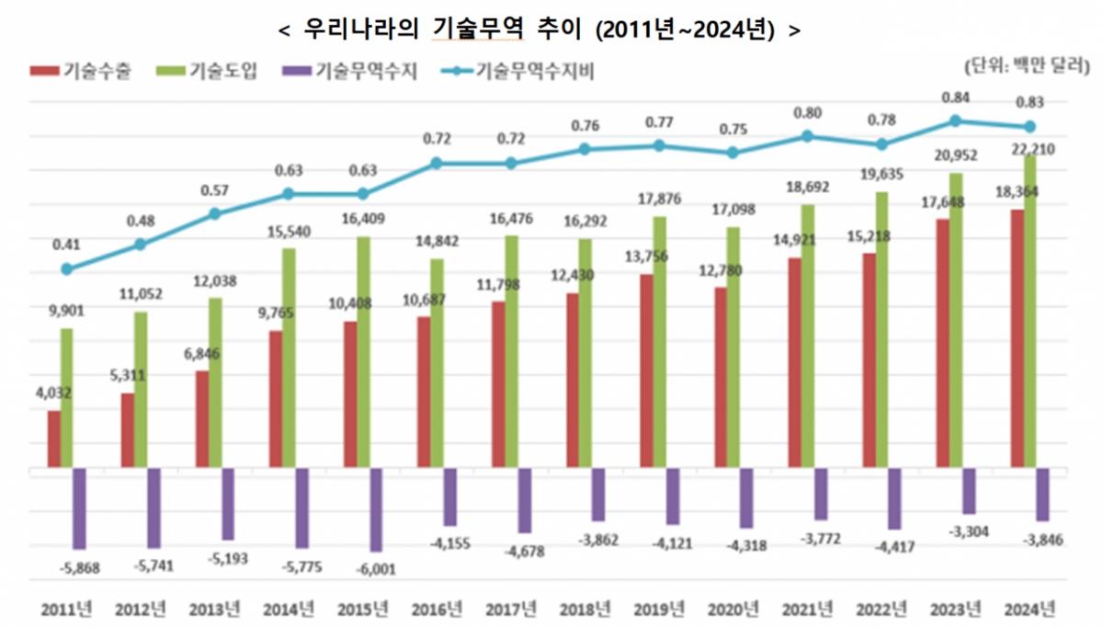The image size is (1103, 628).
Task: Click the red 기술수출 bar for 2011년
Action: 54,439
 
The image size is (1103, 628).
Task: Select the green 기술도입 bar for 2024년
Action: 1030,313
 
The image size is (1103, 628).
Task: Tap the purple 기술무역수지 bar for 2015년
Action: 375,509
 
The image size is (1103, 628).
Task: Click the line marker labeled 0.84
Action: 956,120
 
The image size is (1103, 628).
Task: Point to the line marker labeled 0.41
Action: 66,269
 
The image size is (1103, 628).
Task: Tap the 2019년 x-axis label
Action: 659,608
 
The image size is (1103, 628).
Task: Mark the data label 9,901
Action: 66,312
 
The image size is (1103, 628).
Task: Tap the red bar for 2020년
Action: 721,378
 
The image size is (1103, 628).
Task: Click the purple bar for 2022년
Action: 894,498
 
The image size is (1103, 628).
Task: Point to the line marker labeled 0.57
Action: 215,213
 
